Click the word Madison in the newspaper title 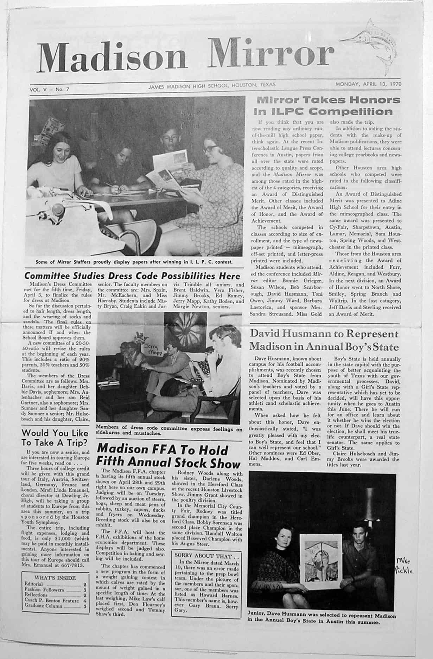112,56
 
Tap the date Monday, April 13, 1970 368,84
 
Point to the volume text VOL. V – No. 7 50,89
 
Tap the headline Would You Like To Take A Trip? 55,437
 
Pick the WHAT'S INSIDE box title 55,577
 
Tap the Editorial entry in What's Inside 34,584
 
